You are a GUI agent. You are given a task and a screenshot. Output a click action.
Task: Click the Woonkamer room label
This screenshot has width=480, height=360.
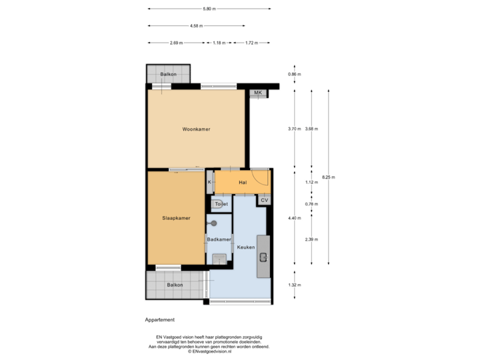click(x=196, y=129)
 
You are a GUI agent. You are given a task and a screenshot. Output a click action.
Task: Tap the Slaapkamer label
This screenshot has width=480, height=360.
click(x=176, y=218)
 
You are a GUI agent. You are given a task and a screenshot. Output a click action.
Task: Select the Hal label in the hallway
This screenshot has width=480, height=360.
click(x=243, y=182)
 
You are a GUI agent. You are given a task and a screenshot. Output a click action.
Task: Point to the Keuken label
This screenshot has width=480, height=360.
click(x=246, y=247)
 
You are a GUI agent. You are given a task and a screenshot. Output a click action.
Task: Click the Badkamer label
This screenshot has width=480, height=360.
click(x=219, y=239)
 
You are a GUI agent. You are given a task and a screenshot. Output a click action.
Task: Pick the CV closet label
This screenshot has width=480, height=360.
click(x=264, y=200)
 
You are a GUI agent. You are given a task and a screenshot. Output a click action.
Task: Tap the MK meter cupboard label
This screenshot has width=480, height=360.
click(x=258, y=93)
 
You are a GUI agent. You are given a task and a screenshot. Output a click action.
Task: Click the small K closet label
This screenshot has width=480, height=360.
click(x=209, y=182)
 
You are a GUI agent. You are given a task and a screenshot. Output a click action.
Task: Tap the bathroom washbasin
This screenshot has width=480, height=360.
click(x=219, y=258)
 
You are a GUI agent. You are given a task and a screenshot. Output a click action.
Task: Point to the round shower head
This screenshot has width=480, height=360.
click(x=215, y=223)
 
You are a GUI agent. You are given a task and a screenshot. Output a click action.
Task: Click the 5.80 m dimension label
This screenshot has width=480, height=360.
click(x=209, y=9)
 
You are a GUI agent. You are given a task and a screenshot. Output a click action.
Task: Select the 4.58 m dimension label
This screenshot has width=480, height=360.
click(x=196, y=26)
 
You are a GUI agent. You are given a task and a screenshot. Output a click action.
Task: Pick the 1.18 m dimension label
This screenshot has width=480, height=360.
click(x=218, y=43)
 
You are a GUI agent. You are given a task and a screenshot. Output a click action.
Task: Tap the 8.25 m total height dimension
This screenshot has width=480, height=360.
click(x=329, y=177)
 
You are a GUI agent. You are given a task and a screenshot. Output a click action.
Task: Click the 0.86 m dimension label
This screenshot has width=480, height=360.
click(x=295, y=74)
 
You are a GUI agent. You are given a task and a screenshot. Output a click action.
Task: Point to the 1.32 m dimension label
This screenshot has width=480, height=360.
click(x=295, y=285)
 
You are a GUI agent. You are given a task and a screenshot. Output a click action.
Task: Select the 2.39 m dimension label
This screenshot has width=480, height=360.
click(x=311, y=239)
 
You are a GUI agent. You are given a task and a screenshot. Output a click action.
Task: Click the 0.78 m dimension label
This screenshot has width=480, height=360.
click(x=311, y=203)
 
